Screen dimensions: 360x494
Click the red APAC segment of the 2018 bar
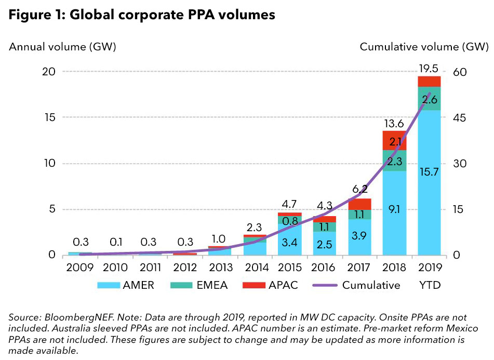(x=394, y=140)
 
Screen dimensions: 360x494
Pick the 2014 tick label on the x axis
(x=255, y=268)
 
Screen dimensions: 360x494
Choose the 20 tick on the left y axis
(x=48, y=72)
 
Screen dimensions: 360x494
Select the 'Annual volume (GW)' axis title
(x=62, y=47)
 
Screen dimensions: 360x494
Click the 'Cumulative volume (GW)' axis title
(x=424, y=47)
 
